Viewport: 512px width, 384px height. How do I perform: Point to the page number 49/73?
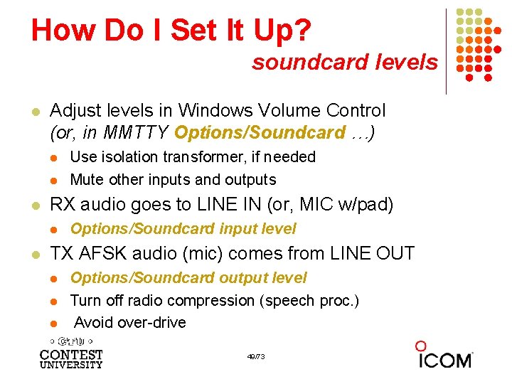(256, 356)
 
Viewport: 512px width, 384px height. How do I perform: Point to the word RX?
(63, 206)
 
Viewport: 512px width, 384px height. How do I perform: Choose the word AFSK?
(100, 254)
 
